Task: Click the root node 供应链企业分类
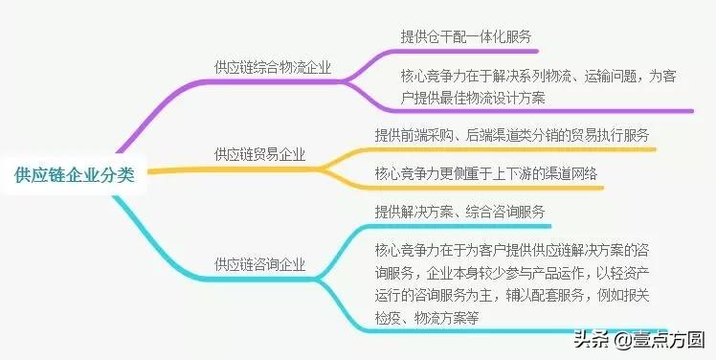[75, 174]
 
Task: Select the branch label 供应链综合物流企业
[273, 67]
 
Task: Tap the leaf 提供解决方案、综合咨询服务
[459, 211]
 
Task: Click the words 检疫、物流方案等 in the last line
[425, 315]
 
